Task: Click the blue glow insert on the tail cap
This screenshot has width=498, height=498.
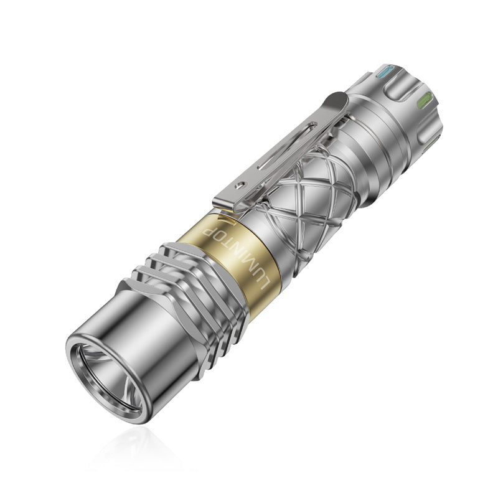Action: click(x=384, y=72)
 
